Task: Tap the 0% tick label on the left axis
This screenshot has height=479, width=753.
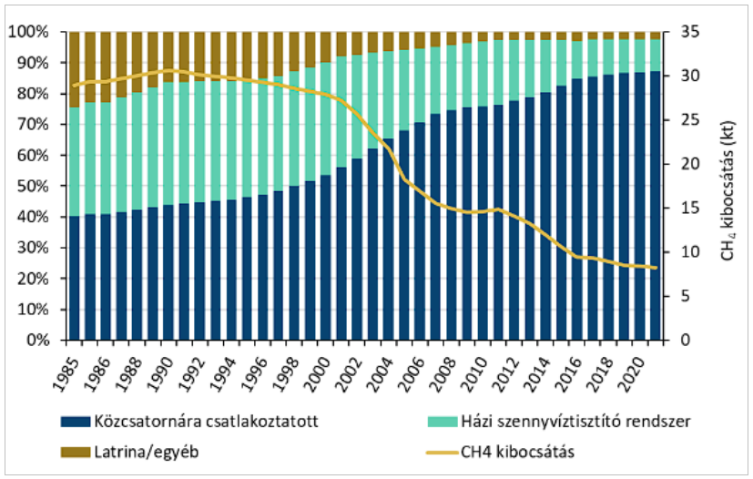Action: pyautogui.click(x=38, y=340)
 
